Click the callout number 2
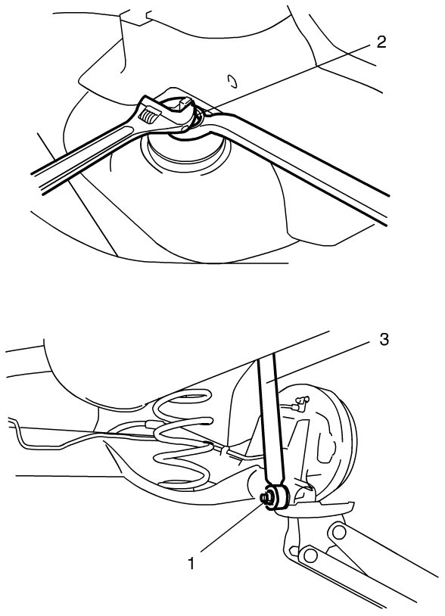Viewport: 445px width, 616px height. point(381,42)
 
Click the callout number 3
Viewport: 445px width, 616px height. point(384,340)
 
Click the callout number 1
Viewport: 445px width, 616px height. point(191,564)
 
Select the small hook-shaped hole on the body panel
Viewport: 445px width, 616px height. point(232,81)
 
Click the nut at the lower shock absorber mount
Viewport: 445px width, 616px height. point(267,498)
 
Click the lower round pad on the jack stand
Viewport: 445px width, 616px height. point(311,555)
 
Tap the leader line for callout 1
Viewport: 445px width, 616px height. point(232,527)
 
